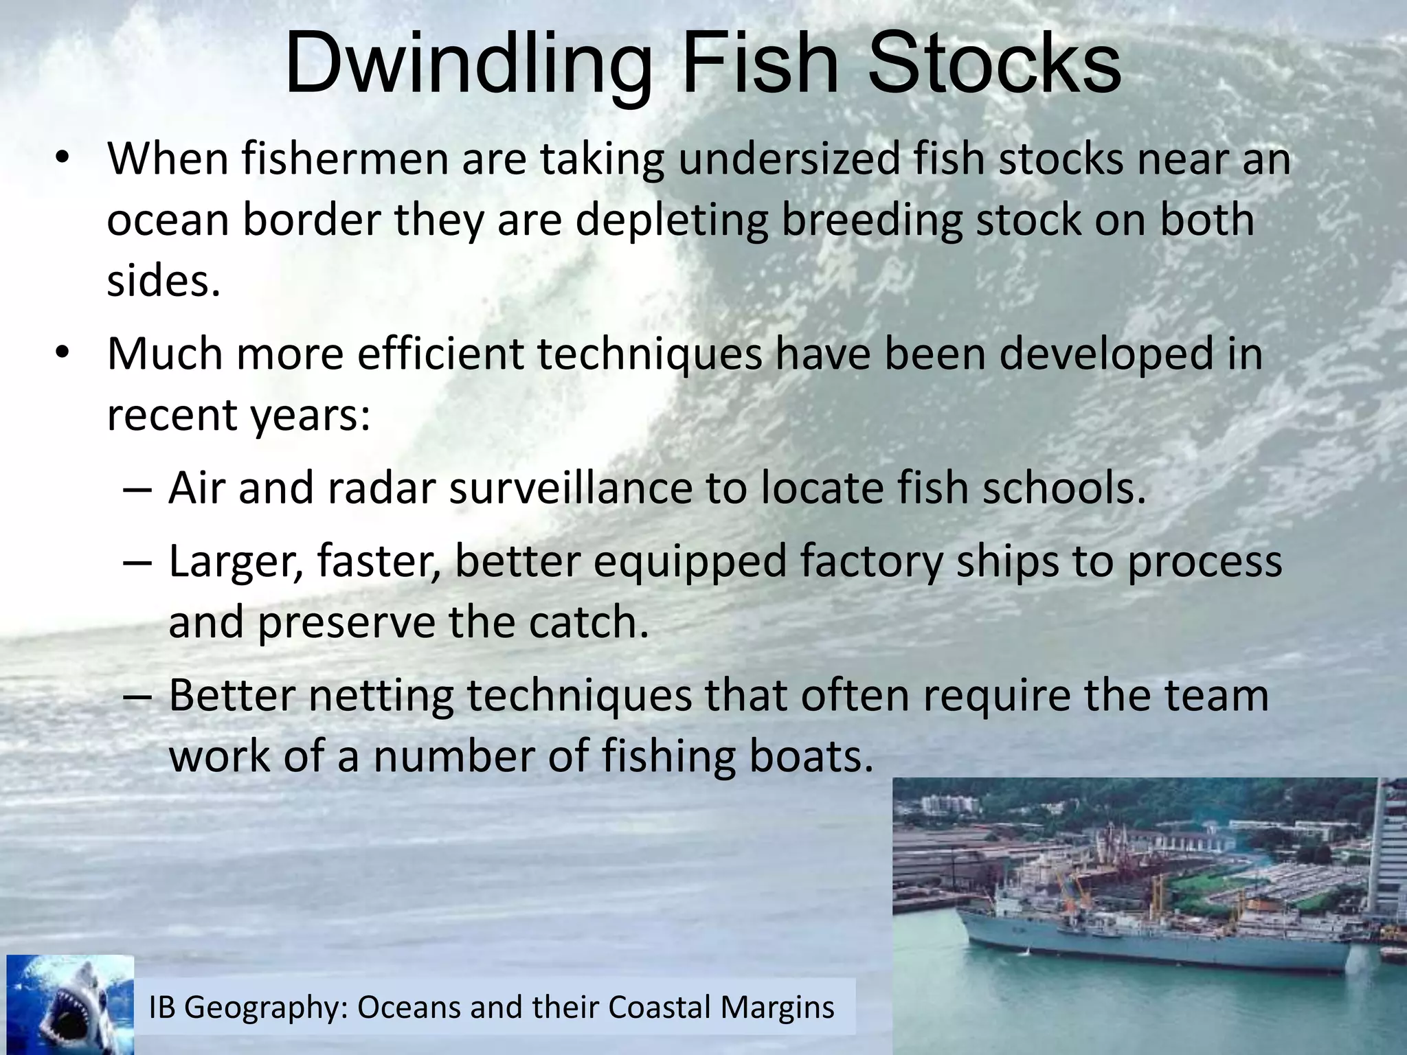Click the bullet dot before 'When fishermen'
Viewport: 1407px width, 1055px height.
(63, 159)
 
